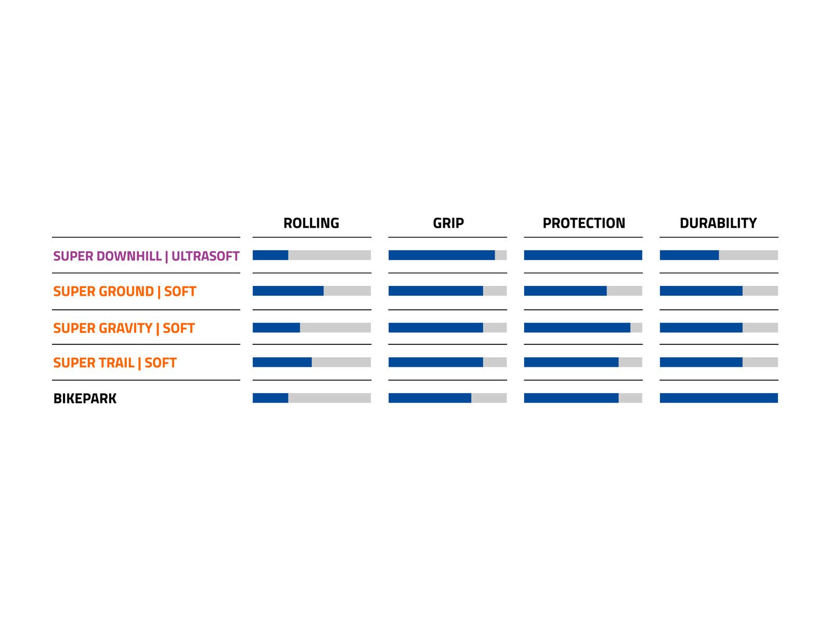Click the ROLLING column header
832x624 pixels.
pos(311,223)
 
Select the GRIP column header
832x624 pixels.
pos(448,223)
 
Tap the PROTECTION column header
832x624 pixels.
pos(584,223)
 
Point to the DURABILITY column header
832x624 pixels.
pos(718,223)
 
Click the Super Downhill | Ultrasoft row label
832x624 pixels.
pos(146,256)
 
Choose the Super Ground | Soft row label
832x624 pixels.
pos(125,291)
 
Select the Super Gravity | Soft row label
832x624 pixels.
pos(124,328)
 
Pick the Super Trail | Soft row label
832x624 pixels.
pos(115,363)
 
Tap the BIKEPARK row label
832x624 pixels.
pos(85,398)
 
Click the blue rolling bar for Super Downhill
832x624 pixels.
pos(270,255)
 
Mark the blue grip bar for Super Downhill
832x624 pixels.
pos(441,255)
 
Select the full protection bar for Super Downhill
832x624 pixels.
pos(583,255)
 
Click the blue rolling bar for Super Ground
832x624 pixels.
pos(288,291)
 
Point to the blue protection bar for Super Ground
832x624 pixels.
pos(566,291)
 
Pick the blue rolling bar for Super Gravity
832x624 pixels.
pos(276,328)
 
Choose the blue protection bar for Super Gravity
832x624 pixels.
pos(577,328)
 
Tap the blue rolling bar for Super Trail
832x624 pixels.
pos(282,362)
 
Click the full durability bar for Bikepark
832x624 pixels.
pos(719,398)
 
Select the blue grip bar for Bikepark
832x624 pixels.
pos(430,398)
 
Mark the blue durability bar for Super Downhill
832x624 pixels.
pos(690,255)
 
